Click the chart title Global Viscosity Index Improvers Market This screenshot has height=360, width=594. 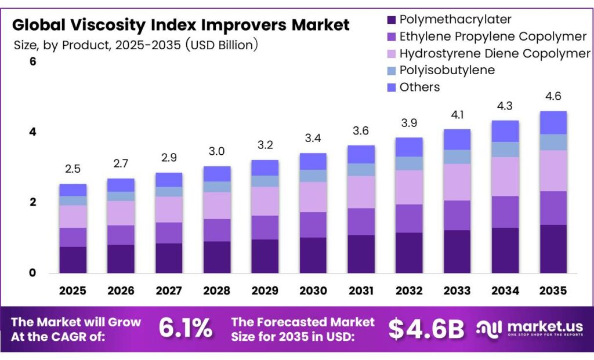pyautogui.click(x=181, y=25)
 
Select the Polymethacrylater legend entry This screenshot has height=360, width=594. pyautogui.click(x=455, y=20)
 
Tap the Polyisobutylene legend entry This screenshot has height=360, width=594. pyautogui.click(x=447, y=70)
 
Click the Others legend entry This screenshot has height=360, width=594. pyautogui.click(x=419, y=87)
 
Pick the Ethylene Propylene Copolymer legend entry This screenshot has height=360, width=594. pyautogui.click(x=493, y=37)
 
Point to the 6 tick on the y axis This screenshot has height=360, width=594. pyautogui.click(x=32, y=61)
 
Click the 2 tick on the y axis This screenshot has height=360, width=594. pyautogui.click(x=32, y=202)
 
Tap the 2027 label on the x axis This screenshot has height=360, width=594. pyautogui.click(x=169, y=290)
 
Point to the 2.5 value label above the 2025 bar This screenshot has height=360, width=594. pyautogui.click(x=73, y=169)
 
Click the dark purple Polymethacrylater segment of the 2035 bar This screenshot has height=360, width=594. pyautogui.click(x=553, y=249)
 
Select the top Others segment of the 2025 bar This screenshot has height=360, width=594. pyautogui.click(x=73, y=190)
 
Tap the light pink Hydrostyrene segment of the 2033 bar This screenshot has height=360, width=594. pyautogui.click(x=457, y=182)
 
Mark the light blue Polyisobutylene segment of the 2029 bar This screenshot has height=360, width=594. pyautogui.click(x=265, y=181)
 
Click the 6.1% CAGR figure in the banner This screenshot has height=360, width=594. pyautogui.click(x=186, y=329)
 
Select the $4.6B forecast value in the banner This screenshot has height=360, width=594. pyautogui.click(x=426, y=329)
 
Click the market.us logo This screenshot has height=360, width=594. pyautogui.click(x=529, y=329)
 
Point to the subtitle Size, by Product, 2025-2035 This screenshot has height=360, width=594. pyautogui.click(x=135, y=45)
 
